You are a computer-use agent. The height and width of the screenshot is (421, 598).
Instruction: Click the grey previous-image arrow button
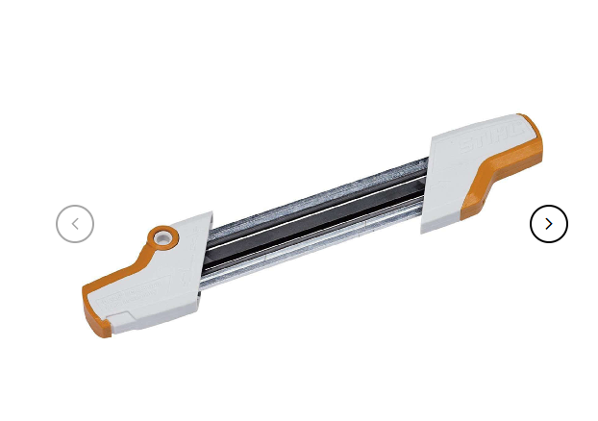point(75,225)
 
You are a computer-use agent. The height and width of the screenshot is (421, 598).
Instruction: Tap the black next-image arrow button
point(549,224)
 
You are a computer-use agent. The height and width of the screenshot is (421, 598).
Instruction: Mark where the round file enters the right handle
point(426,162)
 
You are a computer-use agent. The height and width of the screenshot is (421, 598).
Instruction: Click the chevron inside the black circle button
point(549,224)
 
